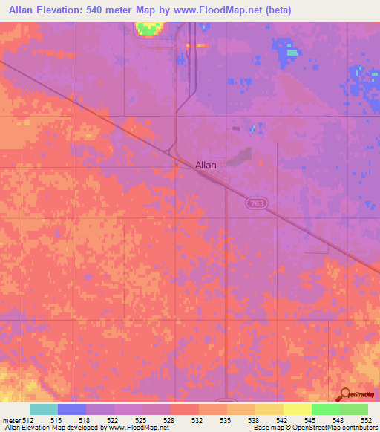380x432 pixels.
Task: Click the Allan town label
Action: (x=206, y=166)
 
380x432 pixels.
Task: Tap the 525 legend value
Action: (x=142, y=419)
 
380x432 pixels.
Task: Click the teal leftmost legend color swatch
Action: (x=44, y=409)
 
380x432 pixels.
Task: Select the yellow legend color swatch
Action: (x=297, y=409)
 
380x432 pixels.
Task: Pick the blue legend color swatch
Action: (x=72, y=409)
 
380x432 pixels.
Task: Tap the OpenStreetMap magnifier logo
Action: (x=345, y=395)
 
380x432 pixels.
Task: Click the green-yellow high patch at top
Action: (x=148, y=28)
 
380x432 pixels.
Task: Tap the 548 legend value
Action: (x=337, y=419)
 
